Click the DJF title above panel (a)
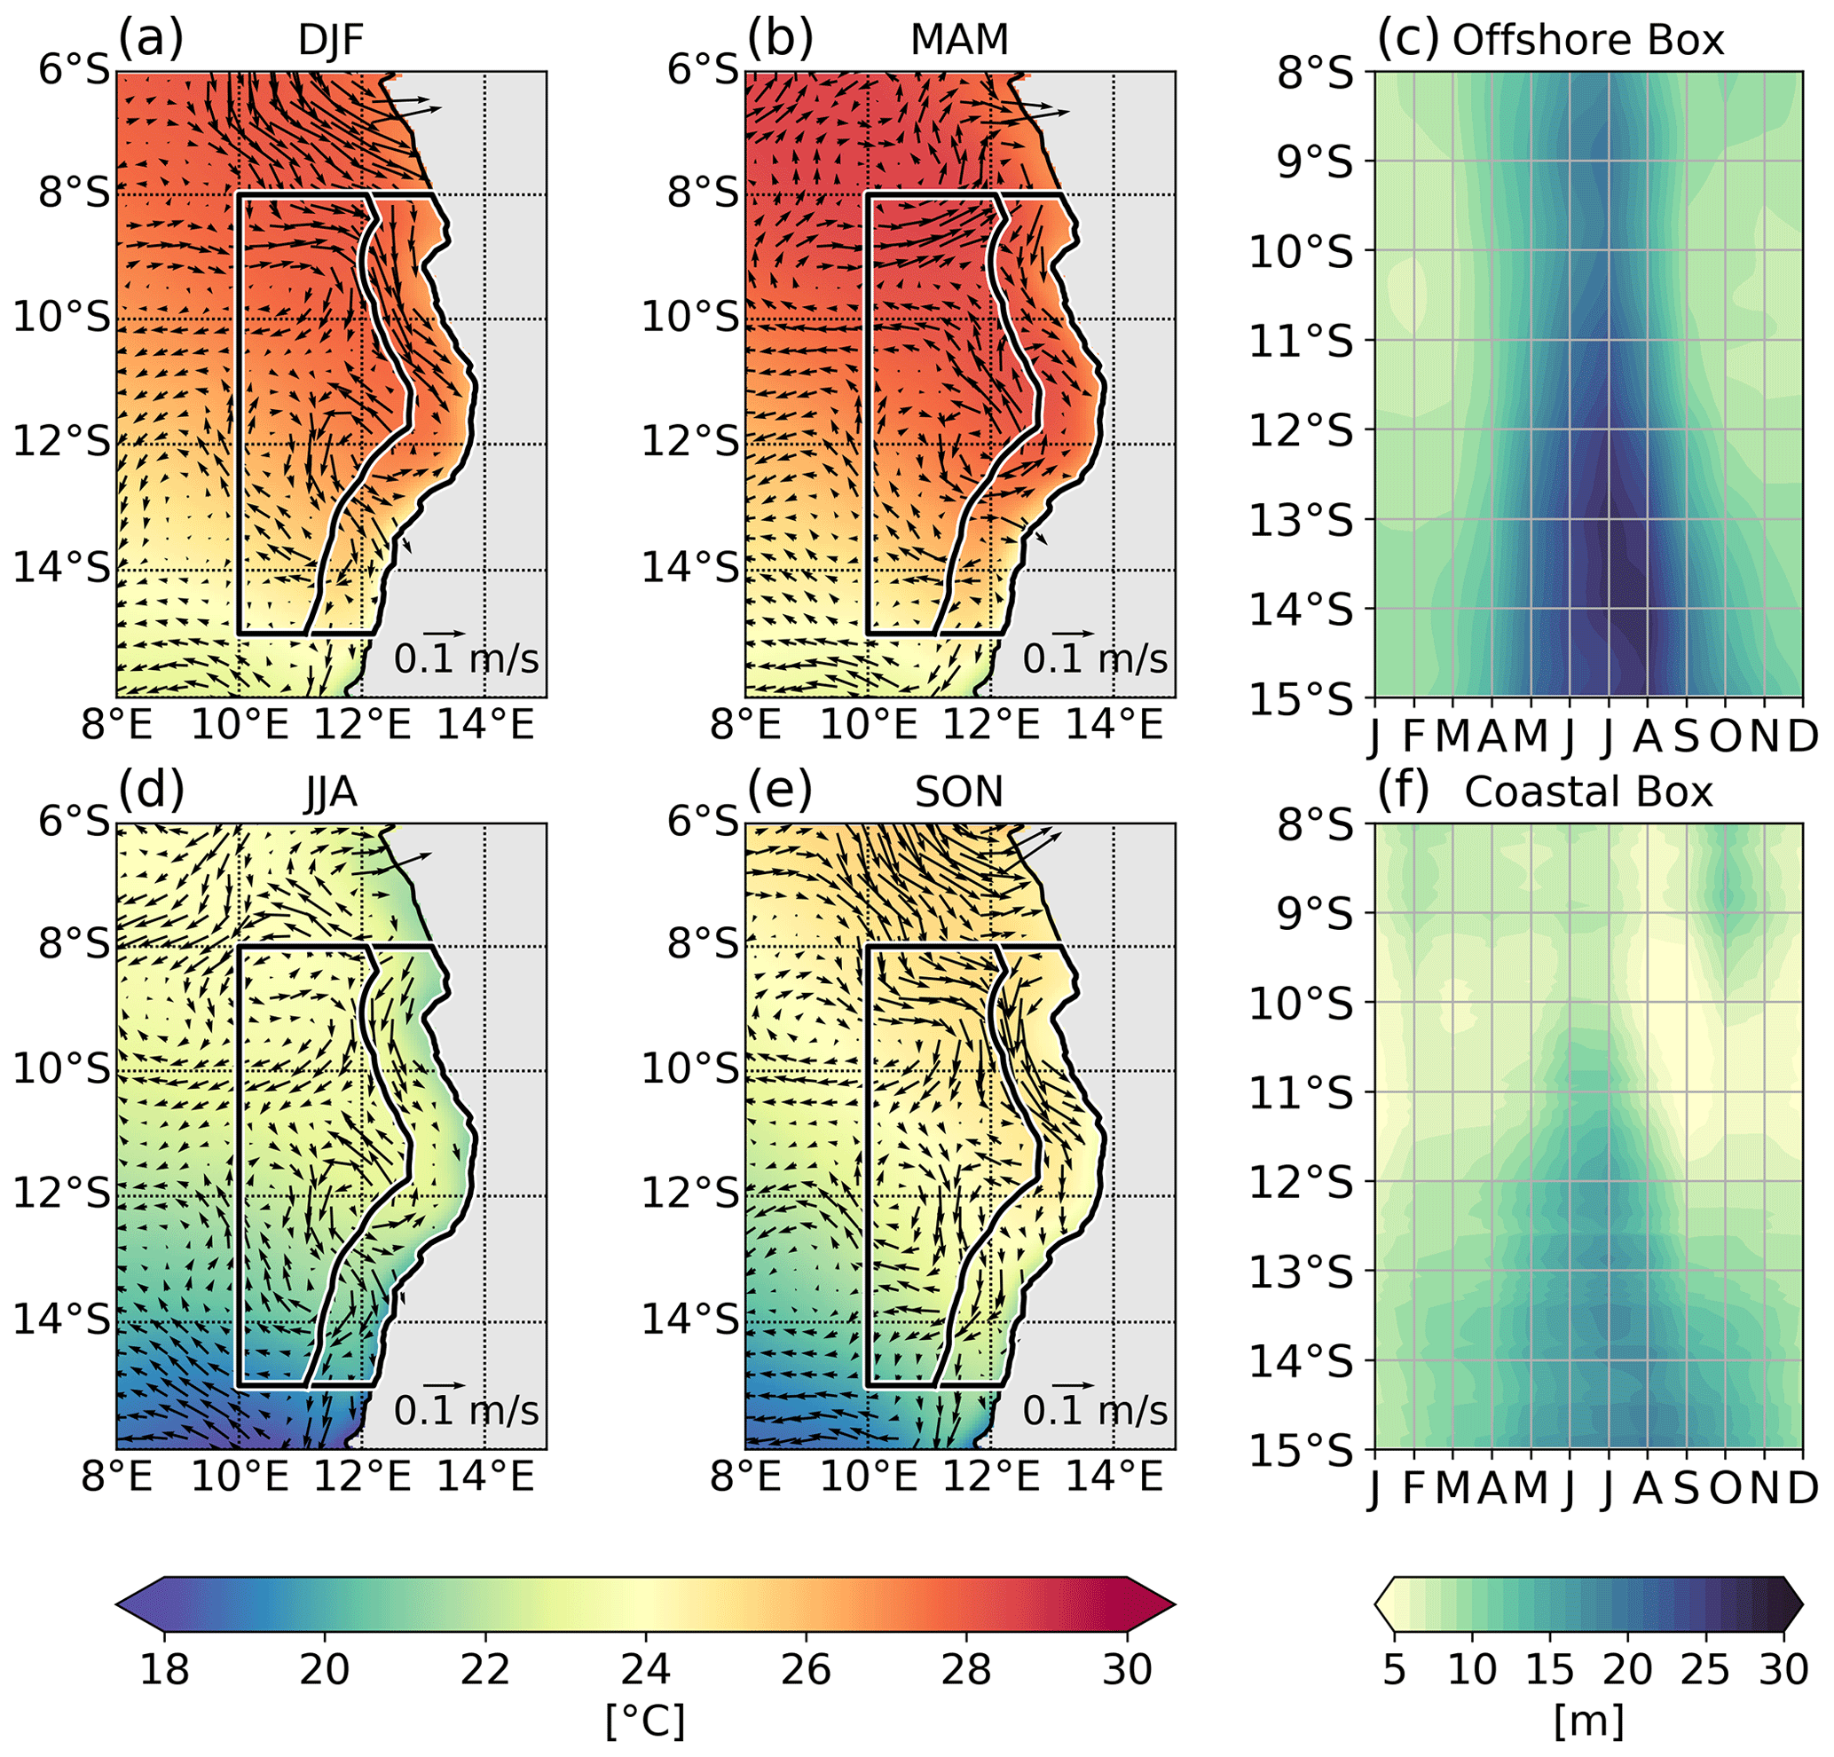[x=330, y=40]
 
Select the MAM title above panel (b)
[x=959, y=40]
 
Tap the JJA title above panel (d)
[x=330, y=792]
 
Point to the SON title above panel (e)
[x=959, y=792]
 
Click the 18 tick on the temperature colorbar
[x=165, y=1668]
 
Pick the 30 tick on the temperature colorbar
[x=1127, y=1668]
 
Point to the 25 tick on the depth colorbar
[x=1704, y=1668]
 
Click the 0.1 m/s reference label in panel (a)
[x=466, y=658]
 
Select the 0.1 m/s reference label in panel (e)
[x=1095, y=1410]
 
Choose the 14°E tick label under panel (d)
[x=484, y=1476]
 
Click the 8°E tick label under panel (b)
[x=746, y=723]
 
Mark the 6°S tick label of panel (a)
[x=74, y=69]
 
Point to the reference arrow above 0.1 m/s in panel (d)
[x=445, y=1384]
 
